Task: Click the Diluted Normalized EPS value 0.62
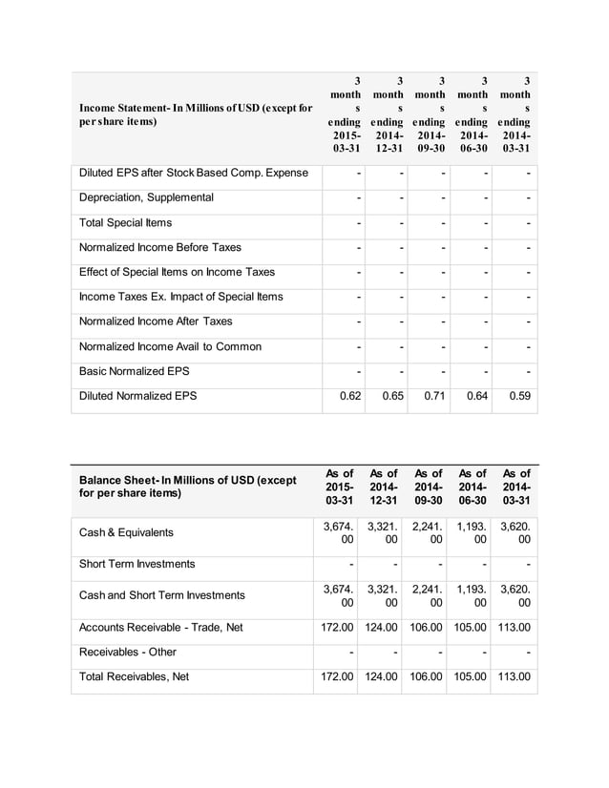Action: coord(349,396)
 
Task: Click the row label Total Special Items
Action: coord(126,222)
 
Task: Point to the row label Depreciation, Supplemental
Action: coord(146,197)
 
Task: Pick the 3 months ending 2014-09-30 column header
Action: coord(430,115)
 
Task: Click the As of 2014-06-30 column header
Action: coord(473,487)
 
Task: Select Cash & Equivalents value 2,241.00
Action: coord(430,532)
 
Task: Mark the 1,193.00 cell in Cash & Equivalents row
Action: coord(473,532)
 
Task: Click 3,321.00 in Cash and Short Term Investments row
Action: coord(384,595)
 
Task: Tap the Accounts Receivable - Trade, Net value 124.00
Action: coord(387,628)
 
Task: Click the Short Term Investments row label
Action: coord(136,564)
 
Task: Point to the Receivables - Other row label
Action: coord(128,653)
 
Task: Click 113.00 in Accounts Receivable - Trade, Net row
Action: coord(516,628)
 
